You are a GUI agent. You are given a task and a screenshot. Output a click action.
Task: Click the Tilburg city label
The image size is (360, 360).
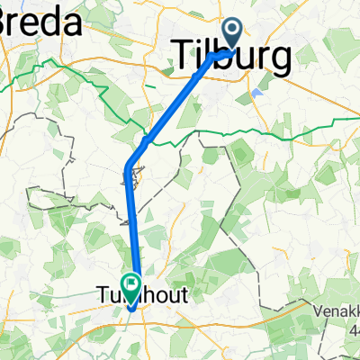[231, 59]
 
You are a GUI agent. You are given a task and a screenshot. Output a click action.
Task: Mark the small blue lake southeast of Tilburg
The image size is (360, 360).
[259, 92]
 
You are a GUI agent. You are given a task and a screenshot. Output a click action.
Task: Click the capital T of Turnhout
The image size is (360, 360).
[102, 293]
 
